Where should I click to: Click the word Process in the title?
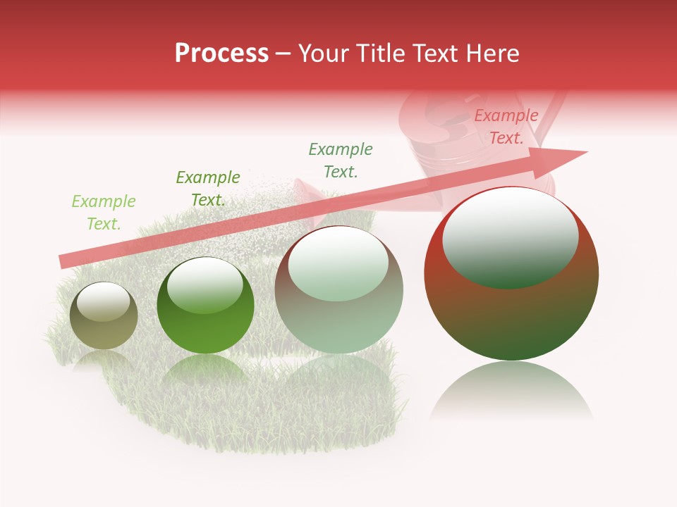pyautogui.click(x=221, y=54)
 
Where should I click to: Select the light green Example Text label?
pyautogui.click(x=104, y=213)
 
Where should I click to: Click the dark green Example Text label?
pyautogui.click(x=208, y=189)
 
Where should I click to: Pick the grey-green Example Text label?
pyautogui.click(x=341, y=160)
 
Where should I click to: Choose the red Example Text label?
pyautogui.click(x=506, y=127)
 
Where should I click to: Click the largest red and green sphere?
pyautogui.click(x=511, y=310)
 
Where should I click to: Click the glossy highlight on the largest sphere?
pyautogui.click(x=511, y=237)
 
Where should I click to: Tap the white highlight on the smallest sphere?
pyautogui.click(x=104, y=302)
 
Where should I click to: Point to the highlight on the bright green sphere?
pyautogui.click(x=205, y=285)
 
